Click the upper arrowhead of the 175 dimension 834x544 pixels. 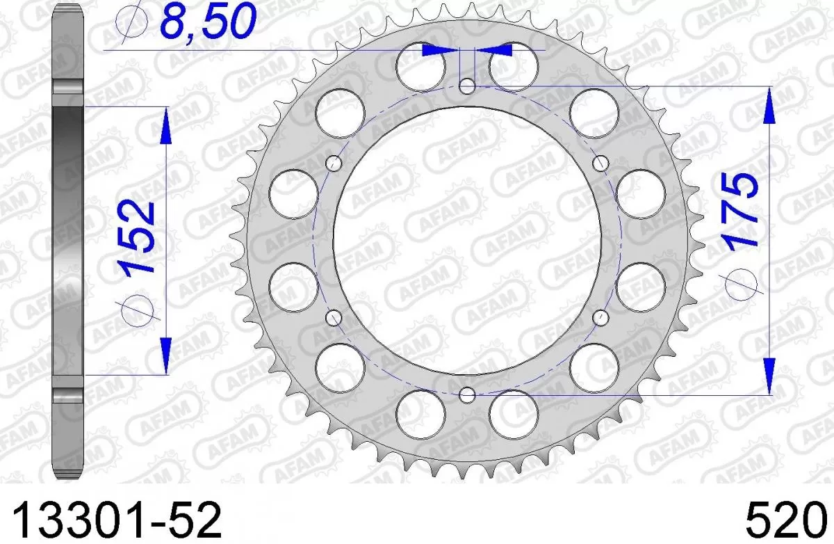pos(769,104)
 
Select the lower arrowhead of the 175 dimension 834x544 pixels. pos(769,376)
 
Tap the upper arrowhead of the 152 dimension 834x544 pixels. pos(165,125)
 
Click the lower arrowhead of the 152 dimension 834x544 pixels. pos(165,355)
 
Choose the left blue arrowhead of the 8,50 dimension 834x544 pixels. pos(436,50)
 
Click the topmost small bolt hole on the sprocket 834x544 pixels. pos(468,86)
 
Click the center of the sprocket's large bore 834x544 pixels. pos(468,240)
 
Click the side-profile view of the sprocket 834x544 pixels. pos(69,240)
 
